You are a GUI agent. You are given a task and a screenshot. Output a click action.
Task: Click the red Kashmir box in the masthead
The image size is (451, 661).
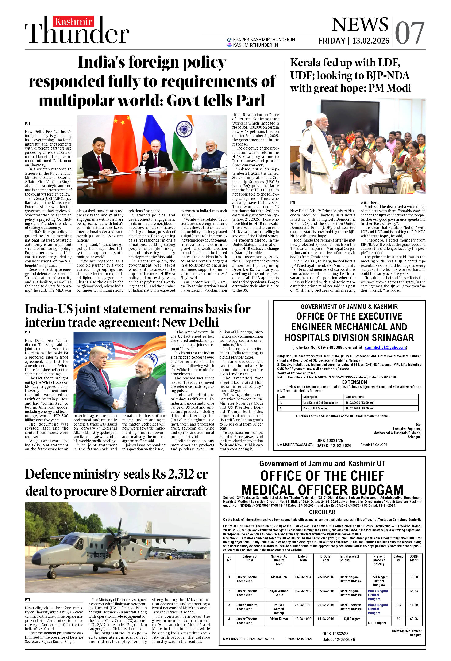pos(73,21)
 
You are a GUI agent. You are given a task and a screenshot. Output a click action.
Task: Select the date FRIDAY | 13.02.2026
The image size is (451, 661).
pos(354,41)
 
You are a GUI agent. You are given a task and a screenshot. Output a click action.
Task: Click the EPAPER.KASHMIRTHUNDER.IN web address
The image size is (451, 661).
pos(263,39)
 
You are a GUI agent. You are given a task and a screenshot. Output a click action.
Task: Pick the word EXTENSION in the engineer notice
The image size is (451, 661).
pos(354,382)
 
